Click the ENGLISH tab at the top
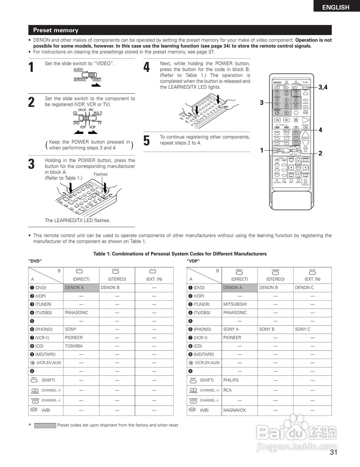(x=335, y=7)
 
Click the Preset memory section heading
(x=56, y=30)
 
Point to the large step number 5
(x=147, y=141)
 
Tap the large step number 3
(x=32, y=164)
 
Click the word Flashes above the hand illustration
(x=100, y=174)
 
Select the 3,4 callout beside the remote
(x=323, y=87)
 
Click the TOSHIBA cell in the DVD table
(x=74, y=346)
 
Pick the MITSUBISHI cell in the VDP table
(x=235, y=304)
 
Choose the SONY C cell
(x=302, y=329)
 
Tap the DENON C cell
(x=304, y=287)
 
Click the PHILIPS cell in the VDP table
(x=231, y=380)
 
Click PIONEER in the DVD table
(x=74, y=337)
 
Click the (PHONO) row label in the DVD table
(x=44, y=329)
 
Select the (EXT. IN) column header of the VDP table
(x=312, y=279)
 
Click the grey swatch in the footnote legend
(x=45, y=425)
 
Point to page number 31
(x=333, y=453)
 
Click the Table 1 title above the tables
(x=180, y=254)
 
